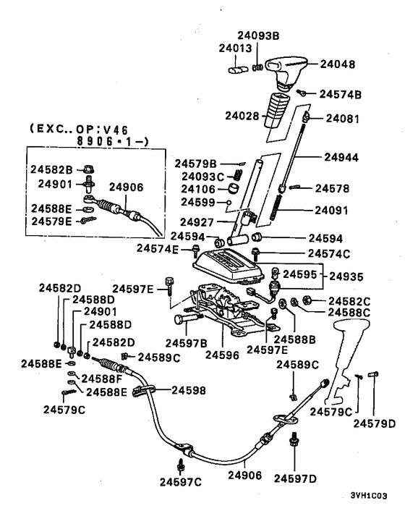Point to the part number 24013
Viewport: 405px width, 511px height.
pos(235,48)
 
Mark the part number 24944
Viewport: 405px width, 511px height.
pos(341,157)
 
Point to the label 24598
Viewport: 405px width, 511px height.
pos(189,390)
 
